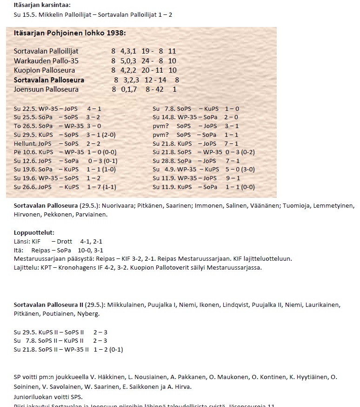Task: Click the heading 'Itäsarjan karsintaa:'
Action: [42, 5]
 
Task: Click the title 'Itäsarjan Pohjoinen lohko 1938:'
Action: [70, 33]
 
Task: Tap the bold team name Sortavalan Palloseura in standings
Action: [49, 80]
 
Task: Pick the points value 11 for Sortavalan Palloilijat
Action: [172, 51]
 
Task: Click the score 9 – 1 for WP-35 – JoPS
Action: [233, 178]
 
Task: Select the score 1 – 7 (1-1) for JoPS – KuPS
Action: [102, 187]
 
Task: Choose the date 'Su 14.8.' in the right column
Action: [164, 117]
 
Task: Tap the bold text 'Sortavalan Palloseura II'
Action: [49, 305]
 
